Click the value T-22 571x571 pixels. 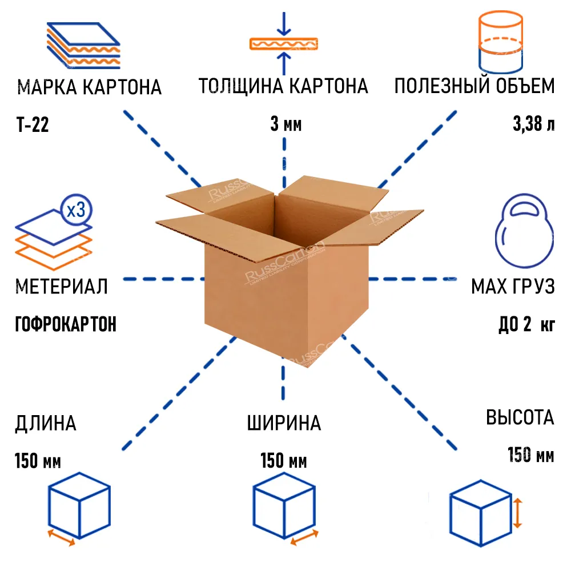33,124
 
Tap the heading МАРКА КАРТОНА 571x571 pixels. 90,88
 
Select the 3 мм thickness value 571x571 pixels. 285,124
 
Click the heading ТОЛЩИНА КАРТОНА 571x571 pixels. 283,87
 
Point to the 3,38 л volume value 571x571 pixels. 533,124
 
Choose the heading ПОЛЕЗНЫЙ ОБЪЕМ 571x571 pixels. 475,87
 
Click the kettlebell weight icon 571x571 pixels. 524,231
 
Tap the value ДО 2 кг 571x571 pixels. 526,325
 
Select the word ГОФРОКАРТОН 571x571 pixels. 66,324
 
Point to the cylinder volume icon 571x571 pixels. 500,41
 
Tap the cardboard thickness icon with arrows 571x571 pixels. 283,43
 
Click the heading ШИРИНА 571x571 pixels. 284,424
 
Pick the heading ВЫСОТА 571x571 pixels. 520,417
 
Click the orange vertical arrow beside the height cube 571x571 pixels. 517,512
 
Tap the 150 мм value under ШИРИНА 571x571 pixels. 283,460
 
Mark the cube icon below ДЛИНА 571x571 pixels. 78,504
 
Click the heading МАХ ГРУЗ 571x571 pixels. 513,287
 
